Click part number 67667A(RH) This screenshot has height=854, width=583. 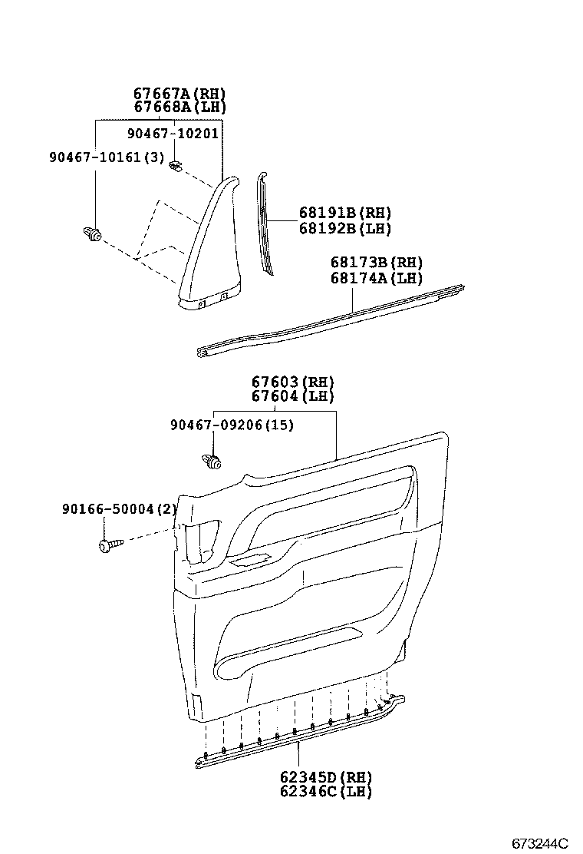coord(180,94)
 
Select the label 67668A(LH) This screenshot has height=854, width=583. coord(180,107)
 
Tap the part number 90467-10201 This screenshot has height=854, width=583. coord(173,133)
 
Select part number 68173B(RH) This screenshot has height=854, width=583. coord(377,263)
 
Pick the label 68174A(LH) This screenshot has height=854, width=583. coord(377,278)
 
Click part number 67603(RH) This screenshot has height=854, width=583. coord(293,382)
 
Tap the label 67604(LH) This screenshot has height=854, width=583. coord(293,396)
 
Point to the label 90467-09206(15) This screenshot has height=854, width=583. coord(232,425)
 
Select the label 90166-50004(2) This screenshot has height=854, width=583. coord(119,509)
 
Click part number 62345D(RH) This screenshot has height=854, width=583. coord(325,777)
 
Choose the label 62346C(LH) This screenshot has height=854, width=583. coord(325,792)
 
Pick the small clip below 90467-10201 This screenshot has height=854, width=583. coord(176,166)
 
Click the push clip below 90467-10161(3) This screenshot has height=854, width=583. coord(92,234)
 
